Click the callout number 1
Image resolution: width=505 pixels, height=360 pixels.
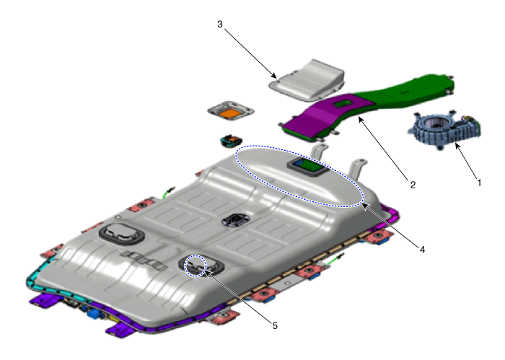pos(479,183)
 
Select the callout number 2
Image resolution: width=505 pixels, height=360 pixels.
pos(413,185)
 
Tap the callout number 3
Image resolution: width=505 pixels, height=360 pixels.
pos(219,24)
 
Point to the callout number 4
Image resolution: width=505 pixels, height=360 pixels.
pos(422,249)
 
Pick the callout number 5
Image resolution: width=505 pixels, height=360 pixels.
pos(275,326)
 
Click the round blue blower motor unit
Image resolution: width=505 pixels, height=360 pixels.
pos(444,129)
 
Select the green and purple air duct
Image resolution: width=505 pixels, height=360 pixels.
pos(367,105)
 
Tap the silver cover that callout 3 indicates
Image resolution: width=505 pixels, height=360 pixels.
pos(307,80)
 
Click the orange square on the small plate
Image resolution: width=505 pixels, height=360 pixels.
pos(231,113)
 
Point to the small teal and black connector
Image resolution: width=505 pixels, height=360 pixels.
pos(231,141)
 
